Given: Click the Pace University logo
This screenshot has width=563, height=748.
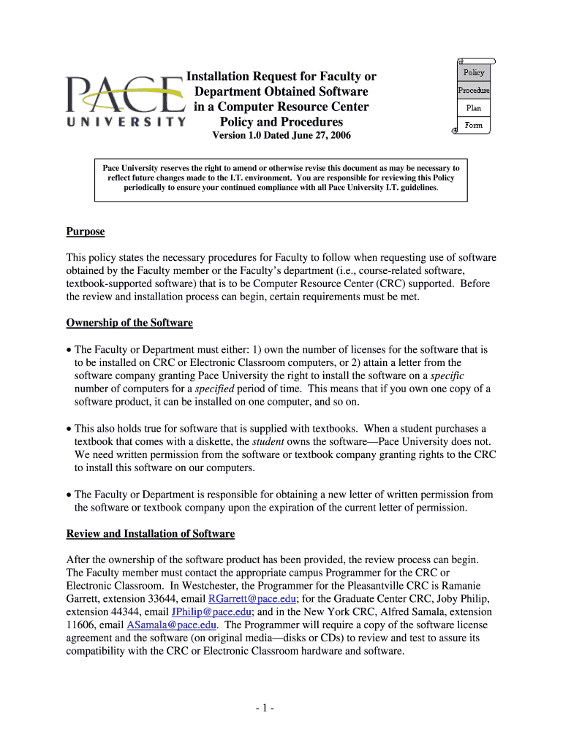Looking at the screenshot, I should tap(124, 101).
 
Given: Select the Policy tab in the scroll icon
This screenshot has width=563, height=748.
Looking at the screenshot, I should tap(473, 72).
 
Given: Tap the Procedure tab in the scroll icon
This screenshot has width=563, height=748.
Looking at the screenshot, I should tap(473, 91).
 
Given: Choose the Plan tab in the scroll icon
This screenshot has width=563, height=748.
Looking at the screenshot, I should tap(473, 108).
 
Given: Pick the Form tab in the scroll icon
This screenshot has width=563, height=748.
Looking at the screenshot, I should tap(473, 125).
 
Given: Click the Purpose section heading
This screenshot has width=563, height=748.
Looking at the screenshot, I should tap(86, 232).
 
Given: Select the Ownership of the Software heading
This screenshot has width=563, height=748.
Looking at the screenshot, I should tap(129, 323).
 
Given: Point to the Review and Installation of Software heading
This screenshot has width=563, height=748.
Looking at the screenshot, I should tap(150, 534).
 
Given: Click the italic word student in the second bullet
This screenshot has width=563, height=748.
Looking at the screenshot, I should tap(269, 442).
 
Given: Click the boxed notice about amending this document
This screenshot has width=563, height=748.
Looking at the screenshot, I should tap(281, 178).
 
